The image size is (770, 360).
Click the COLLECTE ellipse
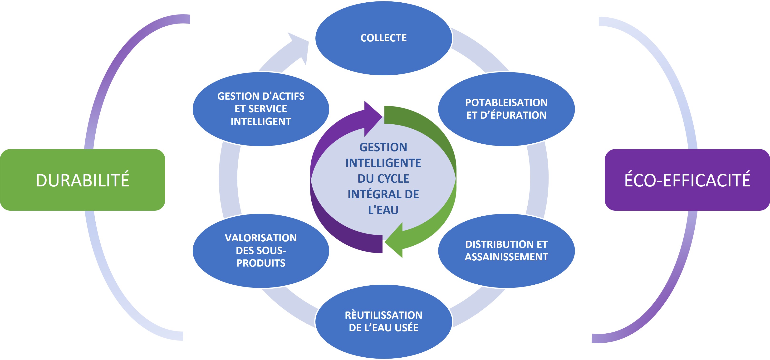point(384,38)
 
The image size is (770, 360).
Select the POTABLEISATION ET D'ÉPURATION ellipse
point(506,109)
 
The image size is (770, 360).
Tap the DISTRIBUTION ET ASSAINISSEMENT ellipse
point(506,251)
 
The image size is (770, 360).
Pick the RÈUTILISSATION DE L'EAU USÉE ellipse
point(384,322)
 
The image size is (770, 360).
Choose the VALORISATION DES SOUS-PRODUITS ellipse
point(261,251)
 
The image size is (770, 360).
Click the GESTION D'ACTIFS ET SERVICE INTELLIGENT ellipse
point(261,109)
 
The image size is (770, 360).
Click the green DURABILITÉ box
point(83,180)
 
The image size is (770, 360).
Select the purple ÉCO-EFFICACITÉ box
point(687,180)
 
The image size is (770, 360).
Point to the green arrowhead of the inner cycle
point(394,240)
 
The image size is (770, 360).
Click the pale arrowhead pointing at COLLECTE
point(299,48)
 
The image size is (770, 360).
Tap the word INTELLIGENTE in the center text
point(383,163)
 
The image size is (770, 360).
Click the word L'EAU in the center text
point(383,210)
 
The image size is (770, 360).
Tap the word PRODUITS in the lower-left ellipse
point(261,263)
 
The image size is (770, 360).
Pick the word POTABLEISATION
point(506,103)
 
